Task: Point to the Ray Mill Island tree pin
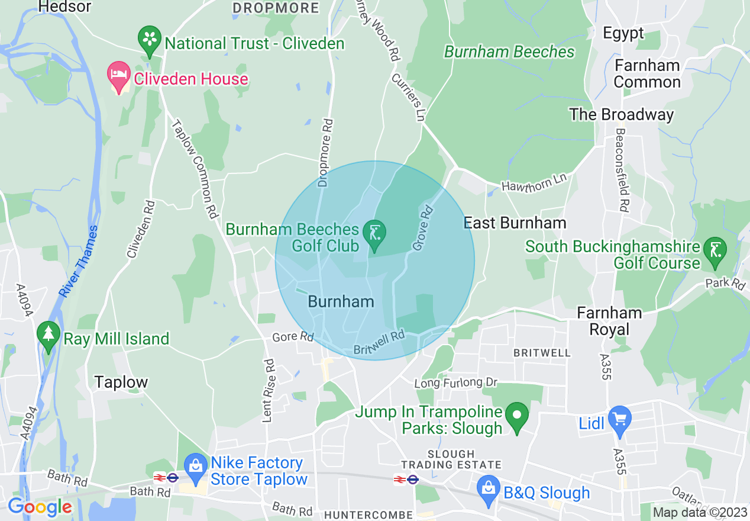tap(49, 336)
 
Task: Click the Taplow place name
tap(121, 382)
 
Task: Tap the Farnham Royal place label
tap(609, 321)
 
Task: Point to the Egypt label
tap(623, 33)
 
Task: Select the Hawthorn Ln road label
tap(534, 182)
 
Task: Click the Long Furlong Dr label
tap(456, 383)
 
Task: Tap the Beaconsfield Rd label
tap(622, 170)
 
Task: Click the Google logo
tap(40, 507)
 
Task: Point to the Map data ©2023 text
tap(700, 512)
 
